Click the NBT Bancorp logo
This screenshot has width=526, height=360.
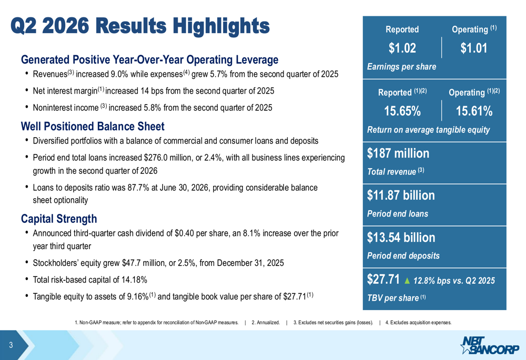tap(490, 345)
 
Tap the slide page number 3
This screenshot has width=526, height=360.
tap(11, 345)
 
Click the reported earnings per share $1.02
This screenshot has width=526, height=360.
tap(402, 48)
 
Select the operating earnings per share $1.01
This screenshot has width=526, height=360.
tap(474, 48)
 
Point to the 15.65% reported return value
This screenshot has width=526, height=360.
tap(402, 111)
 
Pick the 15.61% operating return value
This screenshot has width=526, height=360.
tap(474, 111)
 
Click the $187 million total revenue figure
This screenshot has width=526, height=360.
tap(398, 153)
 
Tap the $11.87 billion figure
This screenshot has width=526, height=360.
tap(401, 195)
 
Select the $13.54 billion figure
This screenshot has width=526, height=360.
tap(401, 238)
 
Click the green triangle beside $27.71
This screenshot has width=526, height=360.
tap(407, 281)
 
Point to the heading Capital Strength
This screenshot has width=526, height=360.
tap(59, 219)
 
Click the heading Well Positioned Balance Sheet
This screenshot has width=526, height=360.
tap(93, 126)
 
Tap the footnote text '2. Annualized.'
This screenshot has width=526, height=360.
tap(266, 323)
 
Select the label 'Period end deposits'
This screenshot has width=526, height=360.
tap(403, 256)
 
